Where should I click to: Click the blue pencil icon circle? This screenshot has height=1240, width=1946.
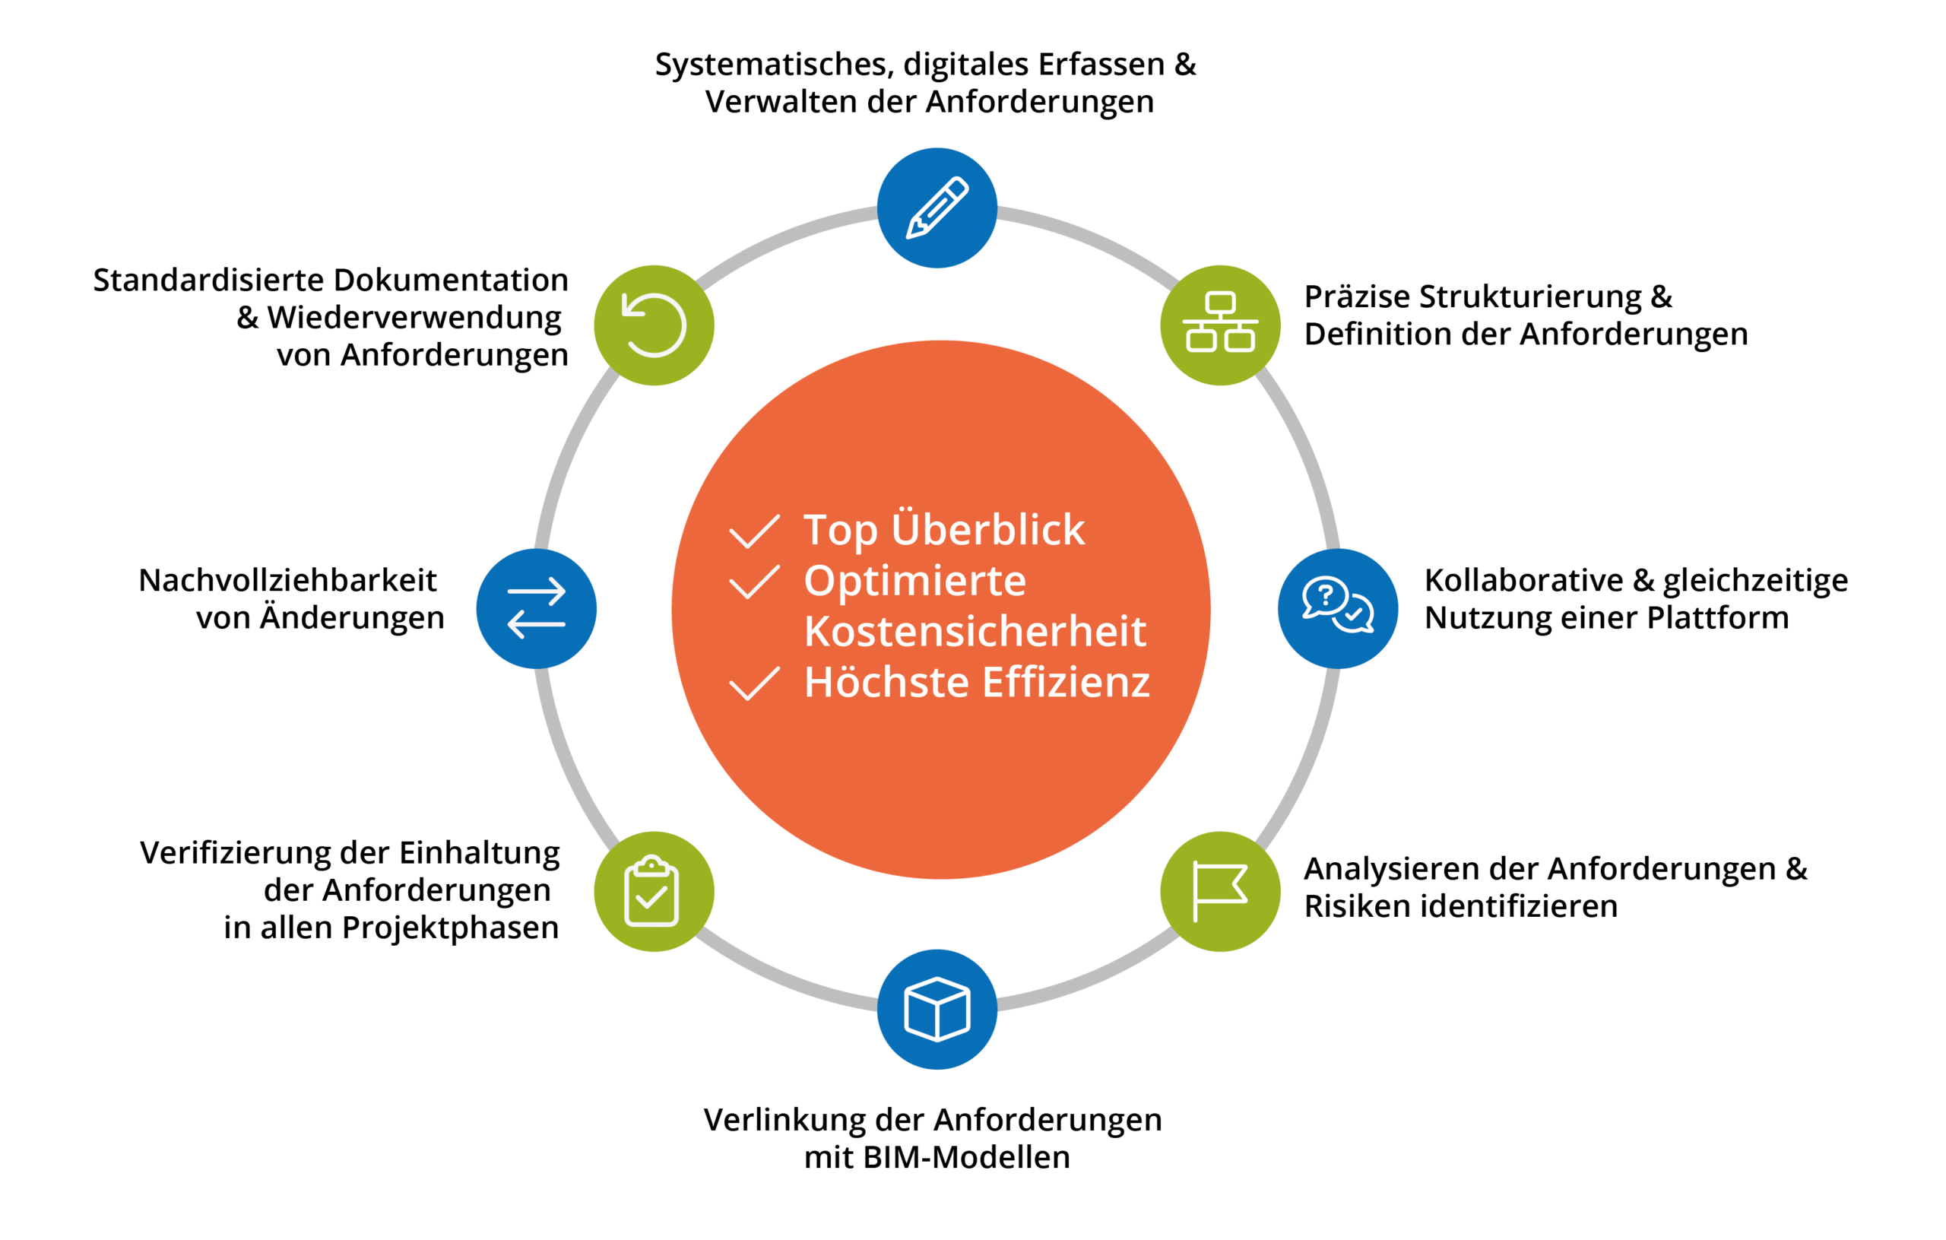click(937, 208)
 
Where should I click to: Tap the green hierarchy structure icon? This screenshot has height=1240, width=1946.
click(1219, 325)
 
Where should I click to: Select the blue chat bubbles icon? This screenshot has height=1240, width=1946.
click(1337, 608)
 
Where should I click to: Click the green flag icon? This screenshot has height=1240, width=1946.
click(1219, 891)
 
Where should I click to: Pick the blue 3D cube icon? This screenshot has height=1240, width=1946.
click(937, 1009)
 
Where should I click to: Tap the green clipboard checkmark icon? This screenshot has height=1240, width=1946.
click(653, 891)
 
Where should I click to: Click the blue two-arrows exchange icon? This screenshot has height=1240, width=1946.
click(536, 608)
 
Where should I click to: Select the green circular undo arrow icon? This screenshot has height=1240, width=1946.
click(653, 325)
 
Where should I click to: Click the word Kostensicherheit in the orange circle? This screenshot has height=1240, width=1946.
click(975, 631)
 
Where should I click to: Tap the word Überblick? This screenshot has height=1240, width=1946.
click(987, 529)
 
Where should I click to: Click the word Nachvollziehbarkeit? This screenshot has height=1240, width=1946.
click(287, 580)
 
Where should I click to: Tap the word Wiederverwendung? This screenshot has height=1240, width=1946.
click(414, 318)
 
